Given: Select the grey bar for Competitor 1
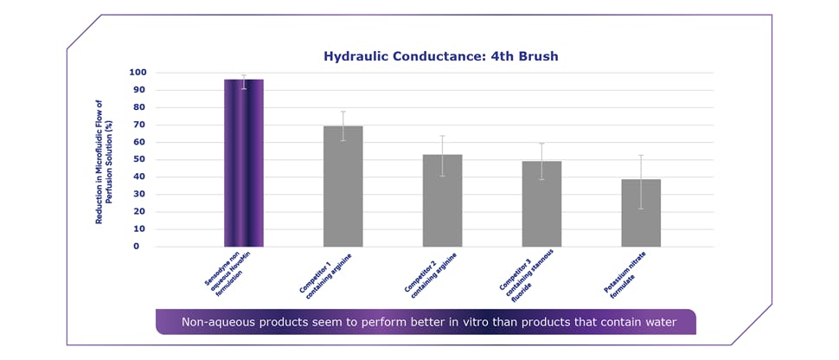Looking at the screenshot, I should pos(343,186).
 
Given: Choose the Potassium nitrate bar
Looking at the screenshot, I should pos(641,212).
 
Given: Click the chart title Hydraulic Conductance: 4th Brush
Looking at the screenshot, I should pos(440,56).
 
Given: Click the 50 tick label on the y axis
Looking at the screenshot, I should pos(138,159).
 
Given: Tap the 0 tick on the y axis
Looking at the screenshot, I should pos(141,246).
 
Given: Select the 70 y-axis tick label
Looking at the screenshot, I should pos(138,125).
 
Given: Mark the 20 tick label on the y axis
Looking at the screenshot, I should pos(138,211).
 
